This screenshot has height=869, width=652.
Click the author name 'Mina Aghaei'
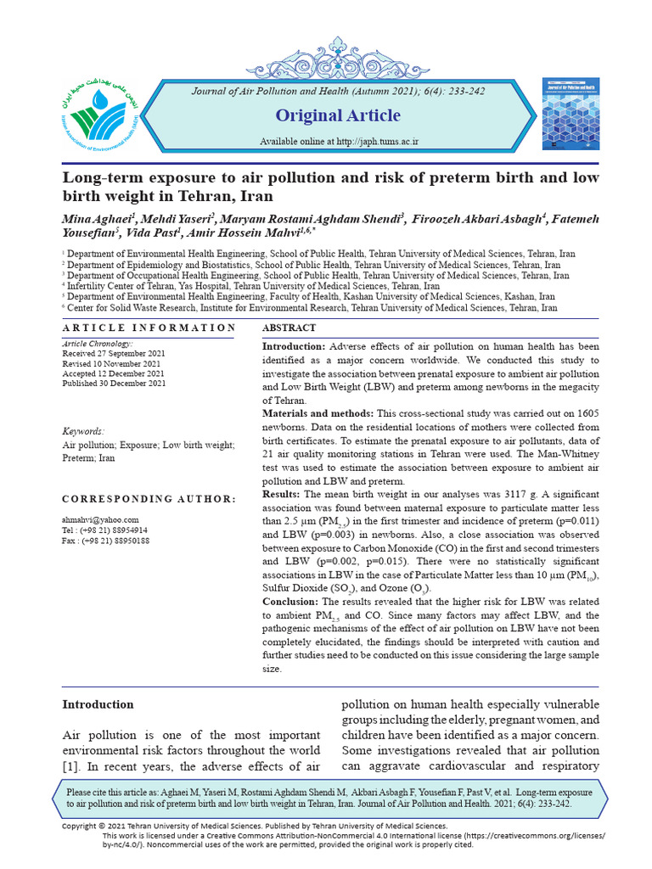click(90, 221)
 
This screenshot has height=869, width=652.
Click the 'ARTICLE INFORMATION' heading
click(149, 328)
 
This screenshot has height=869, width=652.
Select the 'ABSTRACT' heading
click(289, 328)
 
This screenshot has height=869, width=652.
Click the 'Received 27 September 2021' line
click(114, 353)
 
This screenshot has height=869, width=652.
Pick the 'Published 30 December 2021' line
click(115, 384)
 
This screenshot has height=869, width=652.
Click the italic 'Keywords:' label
click(84, 431)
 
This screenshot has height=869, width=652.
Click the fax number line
click(106, 541)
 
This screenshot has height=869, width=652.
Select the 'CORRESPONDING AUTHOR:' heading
click(149, 499)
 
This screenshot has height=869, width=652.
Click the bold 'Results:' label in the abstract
click(281, 494)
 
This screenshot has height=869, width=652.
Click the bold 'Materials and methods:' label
click(318, 412)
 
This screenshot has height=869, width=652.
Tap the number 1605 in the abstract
click(585, 412)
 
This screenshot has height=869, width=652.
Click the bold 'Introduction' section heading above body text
click(98, 704)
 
